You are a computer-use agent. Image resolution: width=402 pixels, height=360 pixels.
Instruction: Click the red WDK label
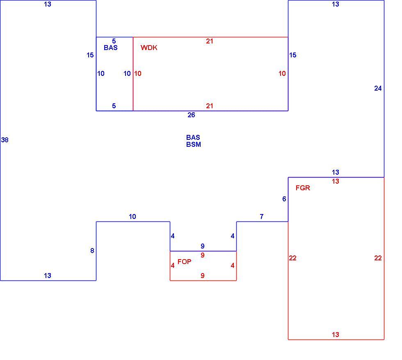149,48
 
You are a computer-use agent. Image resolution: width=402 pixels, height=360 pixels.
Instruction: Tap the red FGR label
303,188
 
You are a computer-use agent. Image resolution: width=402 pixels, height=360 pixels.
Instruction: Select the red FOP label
184,262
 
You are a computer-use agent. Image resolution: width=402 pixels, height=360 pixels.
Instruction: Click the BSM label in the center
194,144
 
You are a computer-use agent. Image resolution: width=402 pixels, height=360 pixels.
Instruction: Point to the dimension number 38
5,140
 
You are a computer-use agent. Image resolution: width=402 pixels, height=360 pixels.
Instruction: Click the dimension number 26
191,115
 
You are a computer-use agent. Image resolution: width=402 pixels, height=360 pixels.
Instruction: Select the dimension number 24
378,89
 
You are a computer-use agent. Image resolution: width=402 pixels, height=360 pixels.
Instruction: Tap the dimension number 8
92,251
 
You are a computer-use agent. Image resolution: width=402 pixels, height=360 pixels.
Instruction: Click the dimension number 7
262,217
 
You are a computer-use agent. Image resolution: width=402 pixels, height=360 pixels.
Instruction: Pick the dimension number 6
284,199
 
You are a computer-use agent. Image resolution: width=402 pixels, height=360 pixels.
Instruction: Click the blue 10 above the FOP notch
132,217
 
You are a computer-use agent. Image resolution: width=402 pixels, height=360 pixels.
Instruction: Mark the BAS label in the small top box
111,48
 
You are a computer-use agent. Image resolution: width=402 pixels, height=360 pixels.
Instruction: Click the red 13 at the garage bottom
336,335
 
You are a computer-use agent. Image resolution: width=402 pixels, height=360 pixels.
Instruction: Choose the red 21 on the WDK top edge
210,41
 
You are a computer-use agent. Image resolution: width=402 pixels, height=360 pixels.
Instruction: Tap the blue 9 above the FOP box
203,246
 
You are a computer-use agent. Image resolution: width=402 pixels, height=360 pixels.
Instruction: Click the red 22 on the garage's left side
292,258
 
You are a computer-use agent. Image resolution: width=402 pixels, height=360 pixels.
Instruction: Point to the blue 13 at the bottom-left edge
48,276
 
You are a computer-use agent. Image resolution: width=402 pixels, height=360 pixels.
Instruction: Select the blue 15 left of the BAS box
90,55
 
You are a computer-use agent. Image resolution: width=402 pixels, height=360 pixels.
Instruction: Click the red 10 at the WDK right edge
282,73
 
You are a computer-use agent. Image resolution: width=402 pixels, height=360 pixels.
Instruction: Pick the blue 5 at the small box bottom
114,106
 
